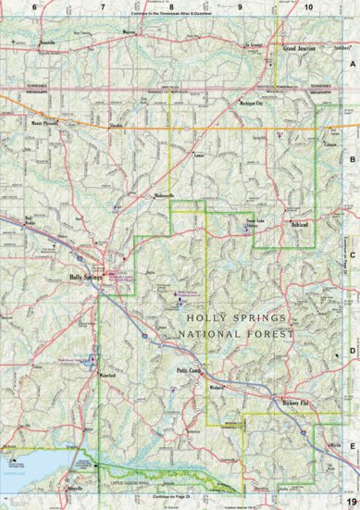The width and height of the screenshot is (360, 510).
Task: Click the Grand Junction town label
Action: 301,47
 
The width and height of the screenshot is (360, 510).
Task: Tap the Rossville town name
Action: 48,43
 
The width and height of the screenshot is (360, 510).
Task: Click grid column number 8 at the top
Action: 170,7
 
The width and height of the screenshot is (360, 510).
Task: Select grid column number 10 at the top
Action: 308,7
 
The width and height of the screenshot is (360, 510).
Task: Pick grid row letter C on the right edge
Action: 353,256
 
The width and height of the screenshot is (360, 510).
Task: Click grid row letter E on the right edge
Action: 353,445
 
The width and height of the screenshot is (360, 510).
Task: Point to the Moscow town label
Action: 130,30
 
